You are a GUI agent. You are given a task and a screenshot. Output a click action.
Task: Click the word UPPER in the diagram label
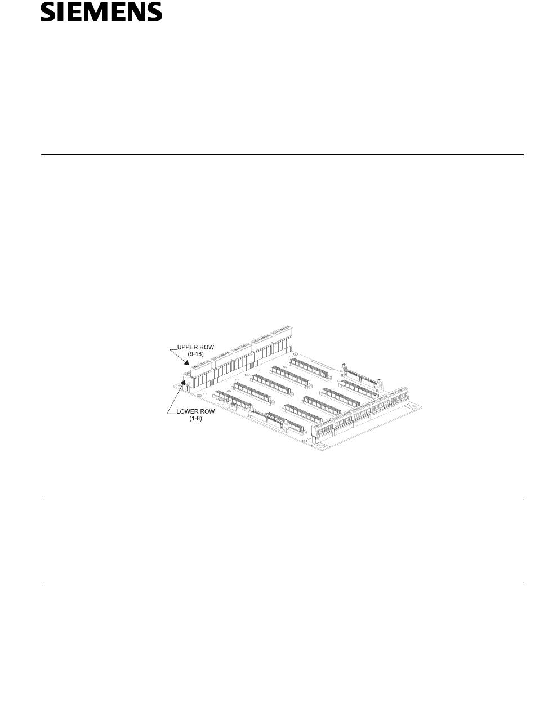(x=187, y=347)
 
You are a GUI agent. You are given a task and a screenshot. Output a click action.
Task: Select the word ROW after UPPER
(x=207, y=347)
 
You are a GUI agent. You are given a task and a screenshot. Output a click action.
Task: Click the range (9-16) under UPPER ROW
(x=196, y=353)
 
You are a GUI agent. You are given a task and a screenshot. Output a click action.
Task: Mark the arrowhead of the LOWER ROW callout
(x=183, y=383)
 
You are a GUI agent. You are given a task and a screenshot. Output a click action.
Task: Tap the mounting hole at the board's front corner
(x=320, y=446)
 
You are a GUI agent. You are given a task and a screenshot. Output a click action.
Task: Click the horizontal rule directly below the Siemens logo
(x=282, y=154)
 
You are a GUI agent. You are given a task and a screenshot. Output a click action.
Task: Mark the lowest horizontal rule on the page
(x=282, y=582)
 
